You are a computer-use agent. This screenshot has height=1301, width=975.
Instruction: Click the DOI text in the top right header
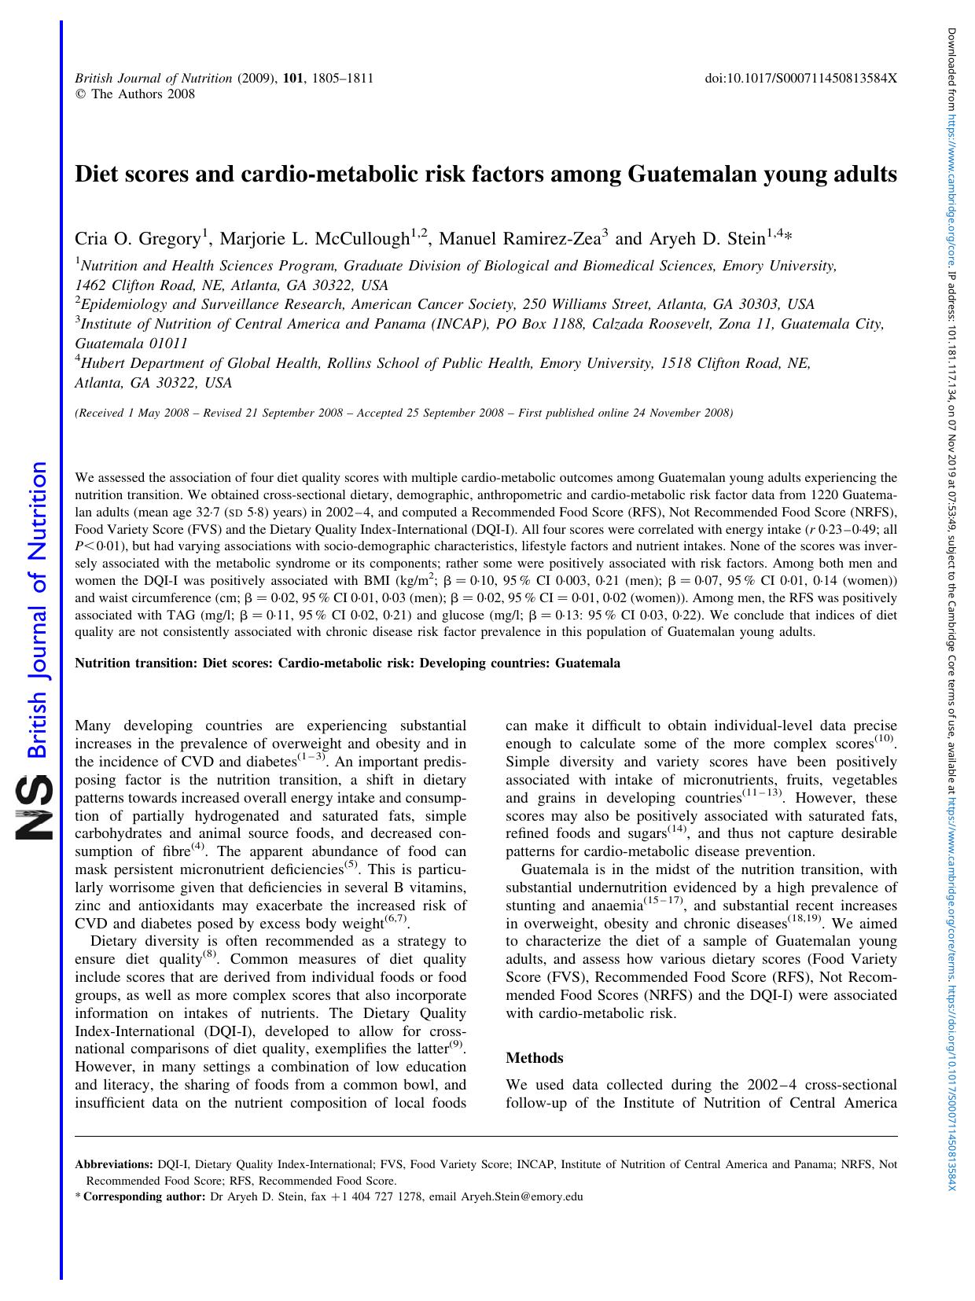800,79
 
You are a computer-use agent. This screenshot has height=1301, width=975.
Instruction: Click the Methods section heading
535,1057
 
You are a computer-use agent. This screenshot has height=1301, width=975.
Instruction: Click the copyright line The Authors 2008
134,94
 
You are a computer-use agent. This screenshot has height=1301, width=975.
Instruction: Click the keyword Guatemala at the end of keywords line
587,663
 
